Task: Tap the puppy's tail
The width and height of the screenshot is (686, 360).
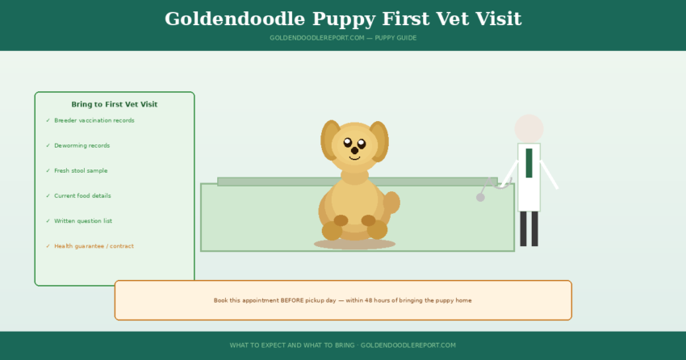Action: (391, 202)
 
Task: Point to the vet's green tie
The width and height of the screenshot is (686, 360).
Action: (529, 162)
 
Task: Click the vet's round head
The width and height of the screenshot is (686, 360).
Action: (529, 128)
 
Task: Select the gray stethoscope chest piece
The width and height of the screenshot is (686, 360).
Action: (480, 197)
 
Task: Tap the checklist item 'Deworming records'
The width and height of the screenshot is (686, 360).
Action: (82, 145)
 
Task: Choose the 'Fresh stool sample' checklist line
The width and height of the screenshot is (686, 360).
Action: (81, 170)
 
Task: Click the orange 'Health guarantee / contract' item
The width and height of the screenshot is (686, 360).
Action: (94, 246)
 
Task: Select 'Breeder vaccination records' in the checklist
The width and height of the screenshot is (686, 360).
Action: (94, 120)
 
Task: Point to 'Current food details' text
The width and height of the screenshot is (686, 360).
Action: (82, 195)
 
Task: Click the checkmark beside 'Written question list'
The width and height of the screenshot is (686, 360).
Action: (48, 220)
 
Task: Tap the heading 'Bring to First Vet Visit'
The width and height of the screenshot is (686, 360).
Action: (115, 104)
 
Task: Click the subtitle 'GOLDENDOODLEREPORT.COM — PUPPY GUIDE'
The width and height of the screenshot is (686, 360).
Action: (343, 38)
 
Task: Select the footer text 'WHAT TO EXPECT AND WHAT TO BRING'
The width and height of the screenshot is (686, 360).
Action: (291, 345)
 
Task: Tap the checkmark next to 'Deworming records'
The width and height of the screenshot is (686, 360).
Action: (48, 145)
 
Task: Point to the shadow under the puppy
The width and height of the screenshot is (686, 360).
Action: (354, 244)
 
